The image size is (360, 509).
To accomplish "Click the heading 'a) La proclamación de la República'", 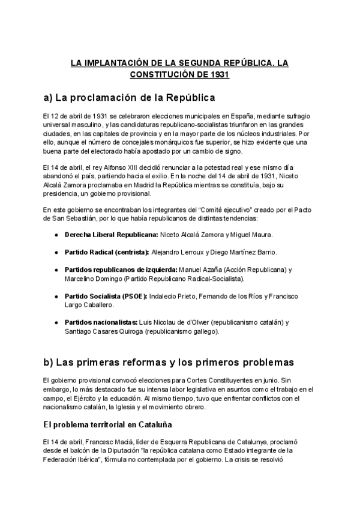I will [x=129, y=97].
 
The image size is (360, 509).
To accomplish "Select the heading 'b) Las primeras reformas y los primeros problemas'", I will [x=169, y=363].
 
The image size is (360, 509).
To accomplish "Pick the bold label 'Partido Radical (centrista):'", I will [x=107, y=251].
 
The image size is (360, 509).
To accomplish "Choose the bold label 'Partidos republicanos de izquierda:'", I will [x=121, y=270].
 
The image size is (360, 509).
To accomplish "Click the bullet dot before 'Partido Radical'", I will [x=56, y=252].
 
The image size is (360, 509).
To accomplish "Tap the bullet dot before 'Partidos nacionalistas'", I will [x=56, y=323].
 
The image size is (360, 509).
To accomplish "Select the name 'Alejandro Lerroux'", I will [x=178, y=251].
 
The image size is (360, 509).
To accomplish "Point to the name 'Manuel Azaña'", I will [x=199, y=270].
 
